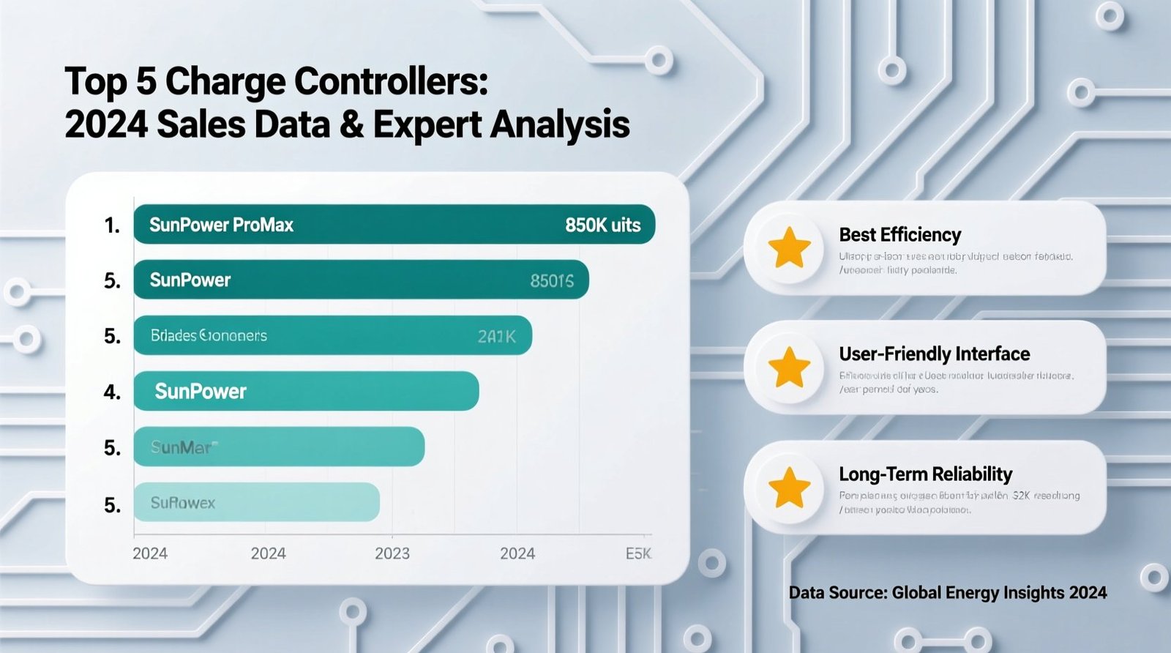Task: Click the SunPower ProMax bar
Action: pyautogui.click(x=394, y=224)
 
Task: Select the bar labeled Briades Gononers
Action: pyautogui.click(x=332, y=335)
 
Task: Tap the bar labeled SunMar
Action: pyautogui.click(x=278, y=447)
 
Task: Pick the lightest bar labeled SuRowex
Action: pyautogui.click(x=256, y=502)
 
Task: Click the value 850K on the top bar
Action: pyautogui.click(x=602, y=225)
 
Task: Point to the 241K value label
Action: pyautogui.click(x=496, y=336)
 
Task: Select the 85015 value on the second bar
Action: pyautogui.click(x=552, y=280)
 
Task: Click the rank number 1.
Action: pyautogui.click(x=112, y=225)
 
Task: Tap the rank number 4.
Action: pyautogui.click(x=112, y=392)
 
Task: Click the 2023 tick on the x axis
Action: pyautogui.click(x=392, y=553)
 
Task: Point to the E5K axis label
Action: pyautogui.click(x=638, y=553)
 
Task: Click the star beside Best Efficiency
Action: pyautogui.click(x=789, y=247)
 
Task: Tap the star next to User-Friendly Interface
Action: pyautogui.click(x=789, y=367)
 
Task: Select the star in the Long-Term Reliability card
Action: pyautogui.click(x=789, y=488)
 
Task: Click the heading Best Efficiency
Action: pyautogui.click(x=899, y=235)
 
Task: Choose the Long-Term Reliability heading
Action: pyautogui.click(x=925, y=474)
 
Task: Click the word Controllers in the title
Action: pyautogui.click(x=391, y=81)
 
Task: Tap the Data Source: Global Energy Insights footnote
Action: pyautogui.click(x=947, y=592)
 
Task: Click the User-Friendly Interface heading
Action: pyautogui.click(x=934, y=354)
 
